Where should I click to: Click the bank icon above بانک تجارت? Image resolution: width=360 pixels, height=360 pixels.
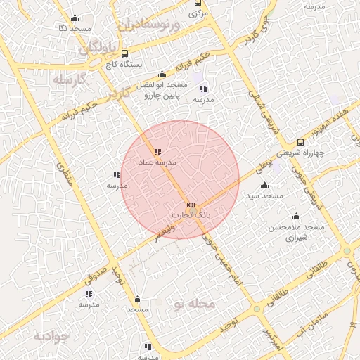click(190, 204)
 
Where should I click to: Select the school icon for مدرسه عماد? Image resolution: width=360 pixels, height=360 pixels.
click(157, 151)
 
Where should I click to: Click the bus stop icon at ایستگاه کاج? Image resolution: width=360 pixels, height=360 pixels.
click(125, 53)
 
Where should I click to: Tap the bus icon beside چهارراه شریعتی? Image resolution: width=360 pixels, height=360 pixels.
click(300, 142)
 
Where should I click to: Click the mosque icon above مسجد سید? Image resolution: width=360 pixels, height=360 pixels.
click(264, 186)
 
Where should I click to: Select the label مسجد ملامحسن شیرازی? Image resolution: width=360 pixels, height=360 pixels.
click(296, 233)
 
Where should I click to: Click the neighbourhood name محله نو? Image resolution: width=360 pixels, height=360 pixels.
click(194, 304)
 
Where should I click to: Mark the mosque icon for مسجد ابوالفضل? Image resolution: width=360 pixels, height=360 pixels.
click(162, 74)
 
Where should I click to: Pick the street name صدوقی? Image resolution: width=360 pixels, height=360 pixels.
click(98, 271)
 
